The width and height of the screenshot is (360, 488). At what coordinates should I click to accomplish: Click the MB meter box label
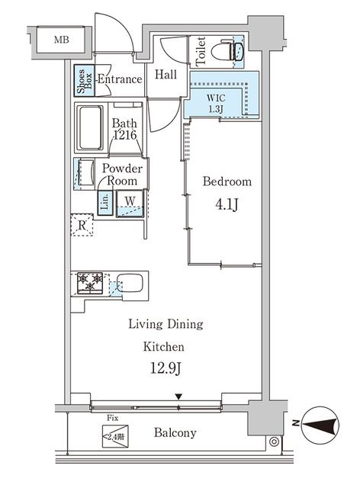click(61, 40)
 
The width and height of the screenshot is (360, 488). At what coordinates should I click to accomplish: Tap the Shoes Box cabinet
click(84, 81)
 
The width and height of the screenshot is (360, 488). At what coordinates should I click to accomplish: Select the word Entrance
click(120, 79)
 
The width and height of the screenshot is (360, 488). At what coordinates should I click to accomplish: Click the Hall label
click(166, 75)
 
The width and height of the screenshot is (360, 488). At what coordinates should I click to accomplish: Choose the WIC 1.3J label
click(216, 103)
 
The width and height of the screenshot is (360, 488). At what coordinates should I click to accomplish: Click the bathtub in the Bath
click(90, 128)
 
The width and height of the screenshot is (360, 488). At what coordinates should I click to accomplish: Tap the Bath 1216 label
click(124, 129)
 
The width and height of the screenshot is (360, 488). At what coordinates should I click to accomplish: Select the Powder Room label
click(122, 175)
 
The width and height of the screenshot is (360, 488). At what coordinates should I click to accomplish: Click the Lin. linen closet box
click(105, 202)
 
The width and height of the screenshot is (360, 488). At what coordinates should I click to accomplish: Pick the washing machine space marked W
click(130, 204)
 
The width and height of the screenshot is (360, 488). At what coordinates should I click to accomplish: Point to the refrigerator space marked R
click(82, 225)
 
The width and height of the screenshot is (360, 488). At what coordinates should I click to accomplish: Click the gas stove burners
click(90, 283)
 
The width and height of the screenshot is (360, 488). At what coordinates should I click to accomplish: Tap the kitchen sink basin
click(130, 283)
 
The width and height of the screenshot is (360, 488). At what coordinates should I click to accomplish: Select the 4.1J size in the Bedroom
click(227, 204)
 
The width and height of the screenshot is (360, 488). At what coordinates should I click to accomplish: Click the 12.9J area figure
click(166, 368)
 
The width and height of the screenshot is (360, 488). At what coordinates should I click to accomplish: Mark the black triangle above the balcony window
click(178, 396)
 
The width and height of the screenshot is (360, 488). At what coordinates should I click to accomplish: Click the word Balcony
click(175, 432)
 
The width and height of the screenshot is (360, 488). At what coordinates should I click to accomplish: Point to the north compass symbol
click(321, 425)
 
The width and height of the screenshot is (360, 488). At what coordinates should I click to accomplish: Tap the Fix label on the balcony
click(112, 418)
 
